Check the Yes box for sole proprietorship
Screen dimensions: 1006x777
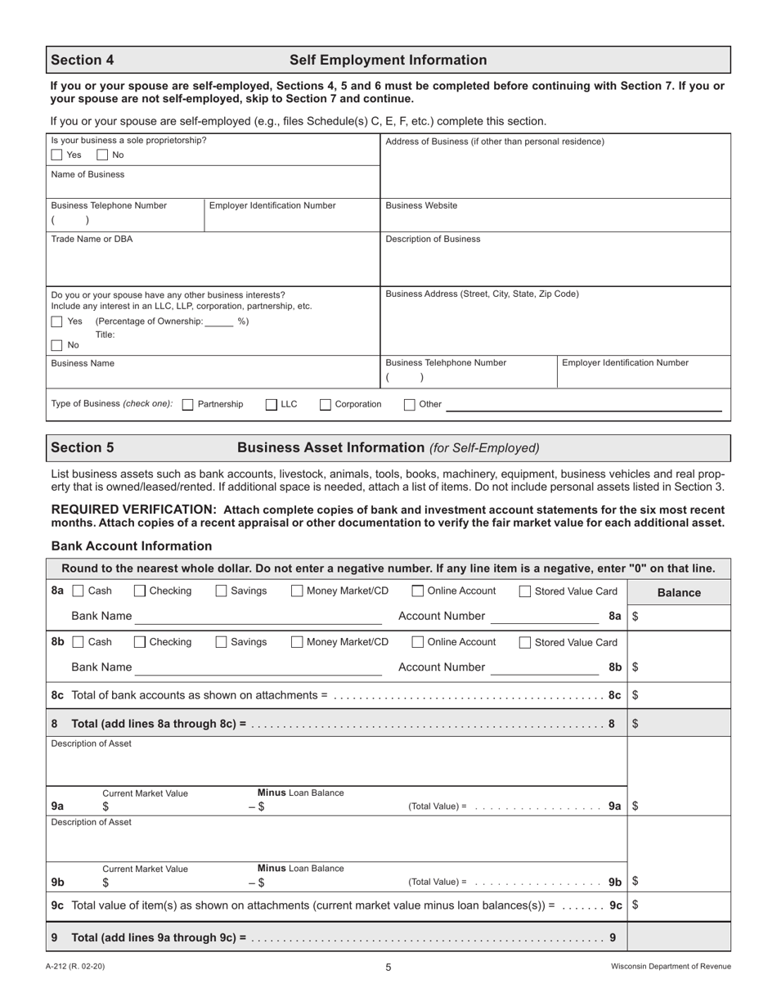click(x=56, y=155)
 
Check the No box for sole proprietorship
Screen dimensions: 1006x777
click(x=102, y=155)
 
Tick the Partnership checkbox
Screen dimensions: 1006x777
click(x=188, y=404)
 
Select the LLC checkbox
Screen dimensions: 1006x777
click(x=272, y=404)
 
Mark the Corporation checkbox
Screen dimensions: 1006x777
click(x=326, y=404)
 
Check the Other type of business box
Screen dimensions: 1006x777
click(x=410, y=404)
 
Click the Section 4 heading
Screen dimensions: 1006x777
click(x=83, y=60)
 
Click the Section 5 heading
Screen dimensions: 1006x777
click(x=83, y=447)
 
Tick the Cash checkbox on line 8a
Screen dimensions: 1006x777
click(x=79, y=591)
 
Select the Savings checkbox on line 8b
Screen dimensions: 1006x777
click(x=222, y=642)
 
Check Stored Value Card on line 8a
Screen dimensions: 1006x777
click(x=525, y=591)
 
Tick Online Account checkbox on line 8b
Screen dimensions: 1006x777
click(x=418, y=642)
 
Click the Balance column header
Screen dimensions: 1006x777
click(x=679, y=593)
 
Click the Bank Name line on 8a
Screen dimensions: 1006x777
click(x=258, y=617)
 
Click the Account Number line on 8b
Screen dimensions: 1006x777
click(x=544, y=667)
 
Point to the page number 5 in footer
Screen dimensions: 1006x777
click(x=388, y=967)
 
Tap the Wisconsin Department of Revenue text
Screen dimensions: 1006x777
click(x=671, y=967)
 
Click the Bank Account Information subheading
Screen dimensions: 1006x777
click(x=132, y=546)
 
